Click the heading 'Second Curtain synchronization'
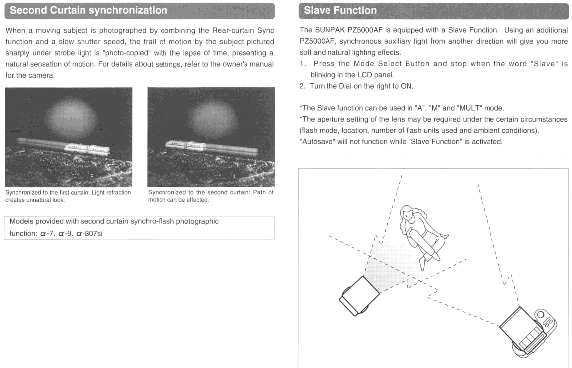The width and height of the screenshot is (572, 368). pos(88,10)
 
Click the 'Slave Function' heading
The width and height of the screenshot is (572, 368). pos(340,10)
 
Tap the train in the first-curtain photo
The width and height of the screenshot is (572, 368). pos(87,148)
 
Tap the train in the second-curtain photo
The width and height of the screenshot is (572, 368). pos(186,145)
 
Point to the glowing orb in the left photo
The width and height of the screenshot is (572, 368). pos(72,117)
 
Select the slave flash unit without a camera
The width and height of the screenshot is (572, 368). pos(359,296)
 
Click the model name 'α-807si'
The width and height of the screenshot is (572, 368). pos(89,233)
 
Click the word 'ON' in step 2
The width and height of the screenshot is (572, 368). pos(406,86)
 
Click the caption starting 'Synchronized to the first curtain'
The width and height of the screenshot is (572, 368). pos(68,196)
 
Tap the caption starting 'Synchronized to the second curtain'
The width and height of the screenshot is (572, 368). pos(211,196)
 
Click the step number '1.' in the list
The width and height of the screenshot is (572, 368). pos(303,64)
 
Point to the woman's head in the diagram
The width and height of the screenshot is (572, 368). pos(407,213)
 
